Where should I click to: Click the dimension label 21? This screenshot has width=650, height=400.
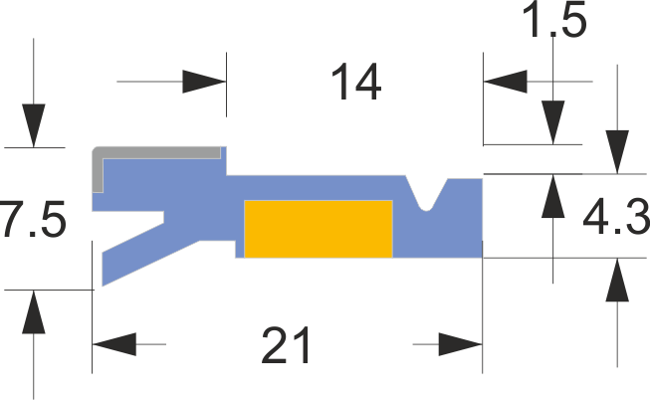point(287,346)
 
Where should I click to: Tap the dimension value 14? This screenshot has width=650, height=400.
point(355,84)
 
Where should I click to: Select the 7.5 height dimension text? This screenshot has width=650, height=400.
point(34,220)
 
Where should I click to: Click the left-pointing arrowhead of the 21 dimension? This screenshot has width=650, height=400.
point(114,345)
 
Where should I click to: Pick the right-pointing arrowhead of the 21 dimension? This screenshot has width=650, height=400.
point(460,345)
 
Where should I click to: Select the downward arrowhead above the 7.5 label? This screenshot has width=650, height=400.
point(34,124)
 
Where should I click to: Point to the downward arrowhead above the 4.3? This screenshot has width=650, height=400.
point(618,151)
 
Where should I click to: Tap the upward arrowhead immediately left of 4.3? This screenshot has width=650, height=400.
point(554,197)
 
